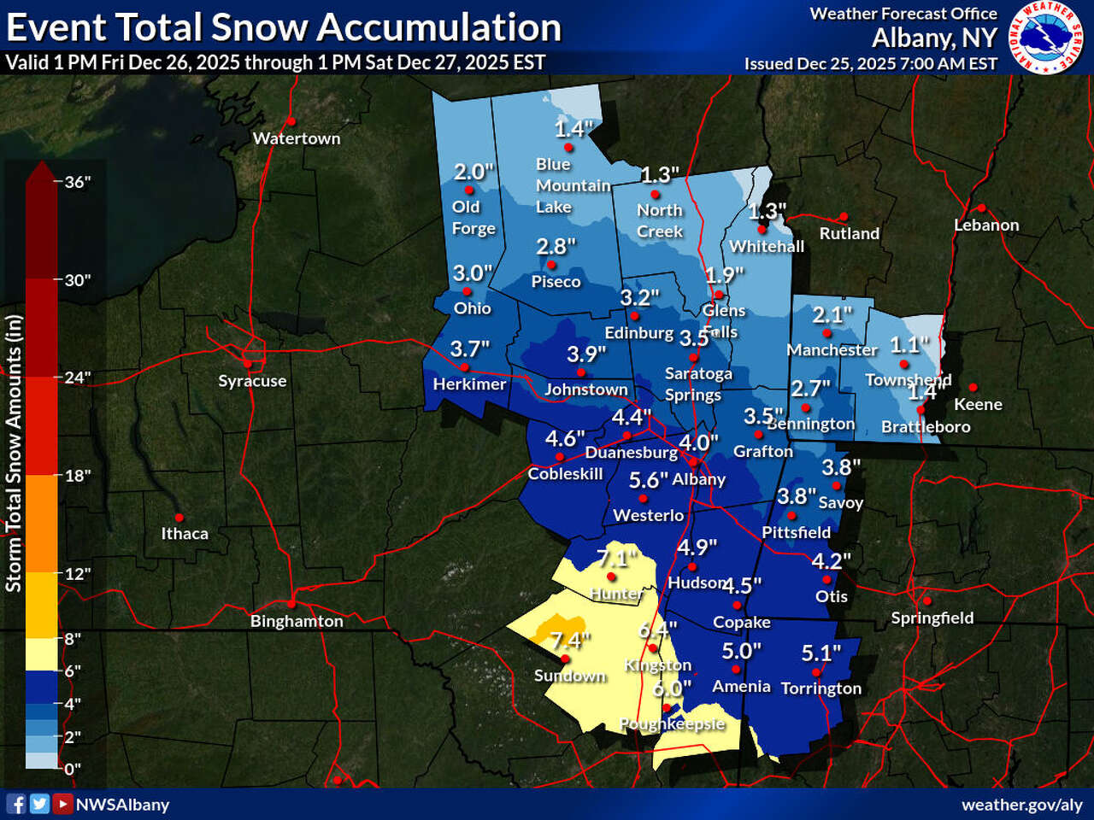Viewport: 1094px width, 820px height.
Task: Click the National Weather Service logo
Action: pos(1045,38)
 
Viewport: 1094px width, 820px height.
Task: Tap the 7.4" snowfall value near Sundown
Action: pos(571,640)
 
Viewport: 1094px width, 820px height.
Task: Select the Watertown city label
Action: pos(297,138)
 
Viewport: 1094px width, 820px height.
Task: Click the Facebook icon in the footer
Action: pos(16,804)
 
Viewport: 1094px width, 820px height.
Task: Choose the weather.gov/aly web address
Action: pos(1021,805)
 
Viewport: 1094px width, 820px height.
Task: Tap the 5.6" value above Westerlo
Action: pos(648,481)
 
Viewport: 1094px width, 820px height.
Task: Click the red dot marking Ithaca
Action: pos(179,518)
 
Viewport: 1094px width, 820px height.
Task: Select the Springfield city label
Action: pos(932,618)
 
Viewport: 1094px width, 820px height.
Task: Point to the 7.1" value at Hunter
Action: pos(616,559)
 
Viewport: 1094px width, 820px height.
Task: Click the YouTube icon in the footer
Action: pos(62,804)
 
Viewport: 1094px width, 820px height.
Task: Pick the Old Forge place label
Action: pos(473,218)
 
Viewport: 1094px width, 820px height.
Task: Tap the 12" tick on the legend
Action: pos(78,573)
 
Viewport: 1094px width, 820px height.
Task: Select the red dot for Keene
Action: pos(973,388)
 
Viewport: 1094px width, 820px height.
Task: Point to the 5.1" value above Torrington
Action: pos(820,653)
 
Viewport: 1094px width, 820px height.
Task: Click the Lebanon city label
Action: pos(986,225)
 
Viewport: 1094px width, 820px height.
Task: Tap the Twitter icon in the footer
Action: pos(39,804)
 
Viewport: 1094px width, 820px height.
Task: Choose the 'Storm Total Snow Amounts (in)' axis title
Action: pos(14,454)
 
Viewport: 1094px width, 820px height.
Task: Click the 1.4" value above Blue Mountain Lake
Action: pos(573,128)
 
